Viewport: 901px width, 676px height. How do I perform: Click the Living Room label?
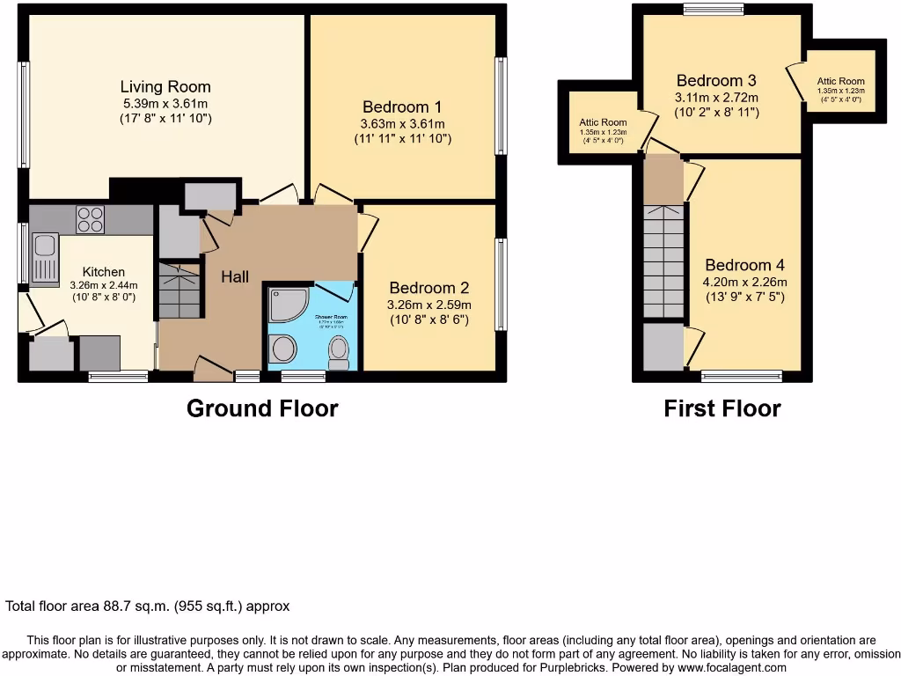tap(165, 86)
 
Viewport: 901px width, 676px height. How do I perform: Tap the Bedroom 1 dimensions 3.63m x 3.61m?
tap(402, 123)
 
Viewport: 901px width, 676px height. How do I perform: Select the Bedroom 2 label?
tap(429, 288)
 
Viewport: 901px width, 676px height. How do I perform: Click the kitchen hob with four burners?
tap(91, 218)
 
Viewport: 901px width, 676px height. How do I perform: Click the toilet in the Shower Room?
tap(338, 354)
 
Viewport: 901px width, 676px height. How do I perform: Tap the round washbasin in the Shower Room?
tap(284, 350)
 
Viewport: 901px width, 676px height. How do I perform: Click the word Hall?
tap(235, 276)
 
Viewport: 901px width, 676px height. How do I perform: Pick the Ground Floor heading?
tap(262, 408)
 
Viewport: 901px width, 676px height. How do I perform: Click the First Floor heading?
tap(722, 408)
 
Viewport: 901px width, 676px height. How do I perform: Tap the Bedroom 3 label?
tap(717, 81)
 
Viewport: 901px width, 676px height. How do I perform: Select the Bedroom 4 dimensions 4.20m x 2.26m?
tap(744, 283)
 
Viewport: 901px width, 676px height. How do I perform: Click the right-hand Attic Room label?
tap(840, 82)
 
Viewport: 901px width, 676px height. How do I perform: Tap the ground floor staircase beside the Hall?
tap(179, 291)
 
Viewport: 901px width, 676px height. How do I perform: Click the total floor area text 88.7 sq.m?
tap(148, 606)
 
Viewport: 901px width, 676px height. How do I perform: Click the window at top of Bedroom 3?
tap(713, 11)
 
